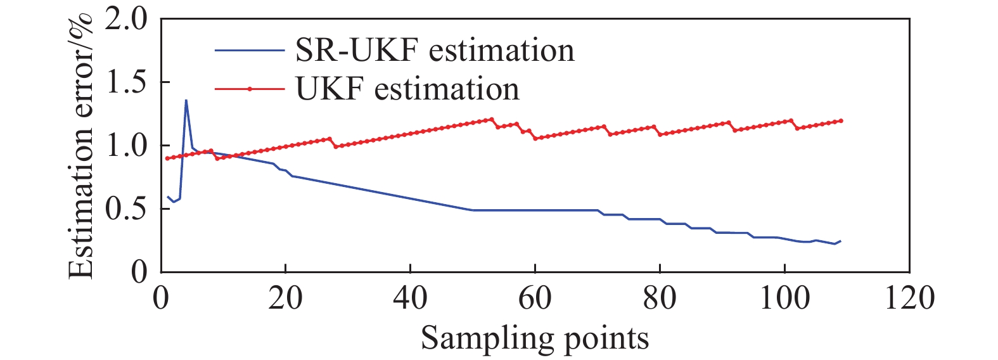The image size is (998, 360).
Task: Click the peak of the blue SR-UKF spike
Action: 186,100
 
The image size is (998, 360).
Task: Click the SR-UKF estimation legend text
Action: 435,51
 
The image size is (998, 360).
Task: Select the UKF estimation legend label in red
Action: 407,89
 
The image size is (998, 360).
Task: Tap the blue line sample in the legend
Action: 249,50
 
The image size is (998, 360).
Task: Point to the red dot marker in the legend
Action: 250,89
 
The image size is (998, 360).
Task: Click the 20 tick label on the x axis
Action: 285,297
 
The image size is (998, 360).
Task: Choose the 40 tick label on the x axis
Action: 410,297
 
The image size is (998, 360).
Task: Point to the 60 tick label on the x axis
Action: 535,297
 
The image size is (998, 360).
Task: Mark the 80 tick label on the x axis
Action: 660,297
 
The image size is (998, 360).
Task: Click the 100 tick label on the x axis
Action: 784,297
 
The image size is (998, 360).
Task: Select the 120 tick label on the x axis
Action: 909,297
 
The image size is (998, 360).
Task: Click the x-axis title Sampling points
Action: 535,338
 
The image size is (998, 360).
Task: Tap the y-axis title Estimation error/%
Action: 81,146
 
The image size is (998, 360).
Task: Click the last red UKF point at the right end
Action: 841,120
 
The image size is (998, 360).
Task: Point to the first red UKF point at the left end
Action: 167,158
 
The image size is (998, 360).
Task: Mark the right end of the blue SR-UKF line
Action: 841,241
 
